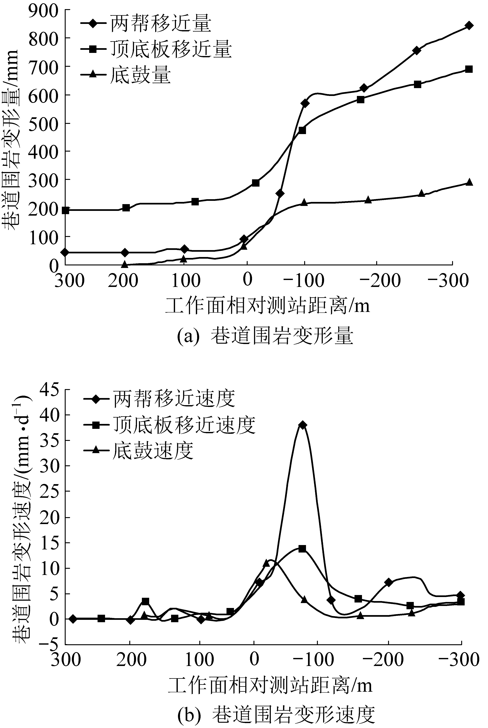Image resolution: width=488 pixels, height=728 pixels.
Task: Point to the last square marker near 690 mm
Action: [469, 69]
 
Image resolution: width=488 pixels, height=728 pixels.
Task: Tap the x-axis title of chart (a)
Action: [268, 306]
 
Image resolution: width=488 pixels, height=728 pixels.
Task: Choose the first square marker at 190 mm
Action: [65, 210]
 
